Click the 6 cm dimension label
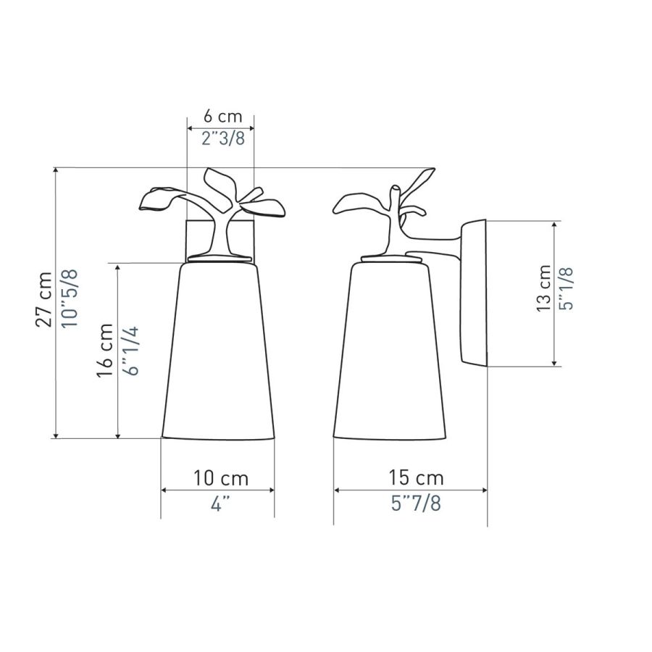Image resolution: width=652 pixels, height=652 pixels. (x=222, y=116)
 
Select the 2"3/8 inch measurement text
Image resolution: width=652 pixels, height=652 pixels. (x=223, y=138)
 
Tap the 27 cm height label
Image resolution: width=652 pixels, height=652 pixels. (x=44, y=299)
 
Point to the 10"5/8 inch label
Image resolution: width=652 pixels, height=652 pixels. (x=70, y=298)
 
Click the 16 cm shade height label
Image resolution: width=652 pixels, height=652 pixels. (x=104, y=350)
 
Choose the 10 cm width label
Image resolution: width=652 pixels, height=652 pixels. (x=221, y=478)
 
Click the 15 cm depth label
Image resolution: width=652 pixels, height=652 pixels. (x=417, y=477)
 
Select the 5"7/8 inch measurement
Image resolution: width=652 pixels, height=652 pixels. (x=416, y=503)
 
